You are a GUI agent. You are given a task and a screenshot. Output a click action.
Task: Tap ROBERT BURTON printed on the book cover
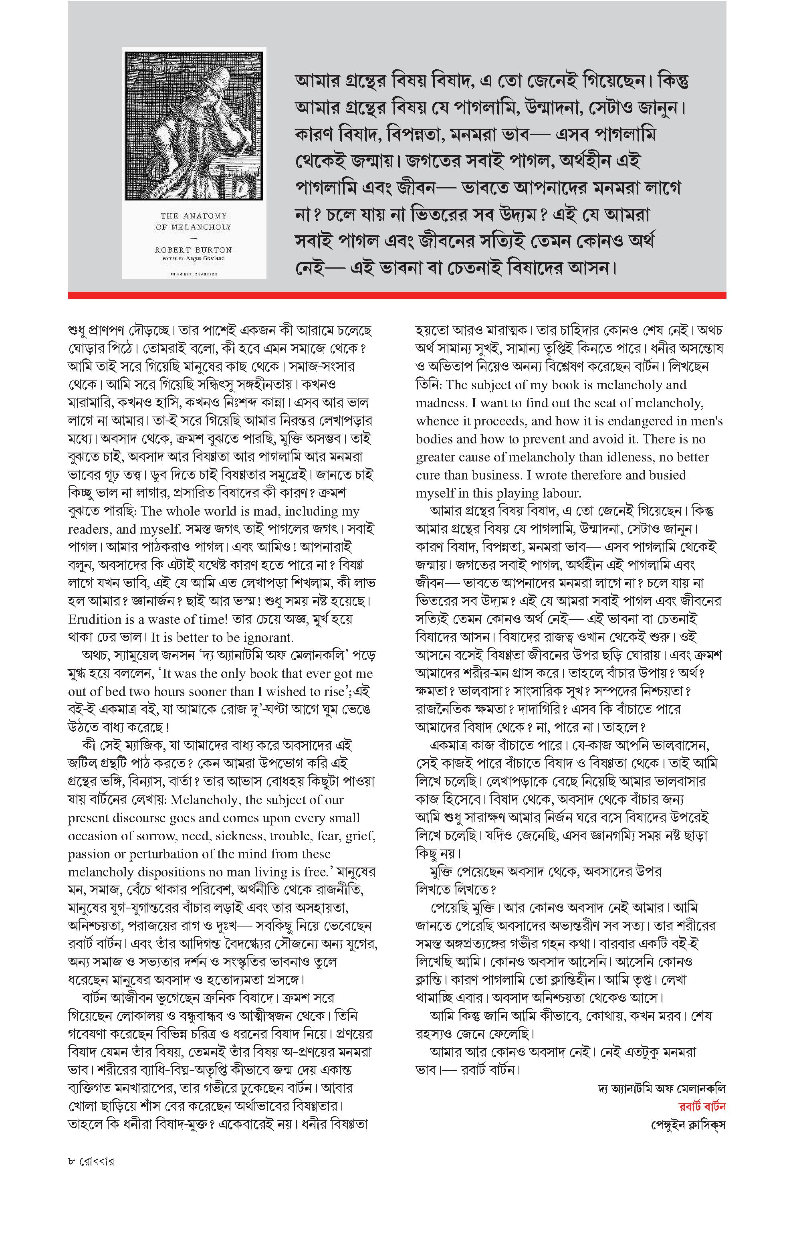tap(193, 249)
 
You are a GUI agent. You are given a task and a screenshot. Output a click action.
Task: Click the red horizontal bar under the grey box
tap(397, 295)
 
